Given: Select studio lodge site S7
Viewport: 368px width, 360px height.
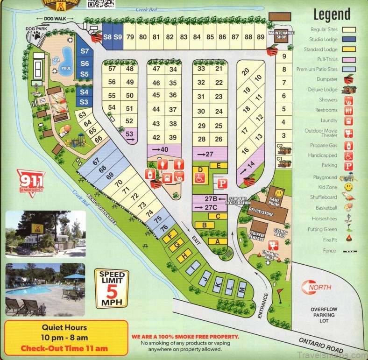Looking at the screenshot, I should (85, 51).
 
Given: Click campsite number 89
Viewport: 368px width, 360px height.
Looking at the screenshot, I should (261, 37).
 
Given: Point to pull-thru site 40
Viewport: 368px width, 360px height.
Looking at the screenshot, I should (163, 149).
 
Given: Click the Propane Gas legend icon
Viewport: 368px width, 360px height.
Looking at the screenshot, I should (348, 146).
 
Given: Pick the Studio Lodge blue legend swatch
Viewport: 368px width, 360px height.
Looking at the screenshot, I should (348, 39).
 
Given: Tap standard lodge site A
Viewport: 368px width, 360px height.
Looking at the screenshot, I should (217, 241).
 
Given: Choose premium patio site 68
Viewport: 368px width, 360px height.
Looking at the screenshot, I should (103, 168).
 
